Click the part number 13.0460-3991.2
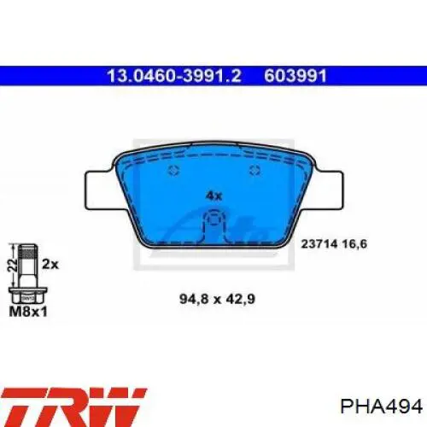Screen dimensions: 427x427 [174, 76]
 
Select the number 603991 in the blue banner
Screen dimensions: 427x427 [295, 76]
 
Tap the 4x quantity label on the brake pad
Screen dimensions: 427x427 [213, 196]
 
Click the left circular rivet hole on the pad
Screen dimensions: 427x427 [173, 171]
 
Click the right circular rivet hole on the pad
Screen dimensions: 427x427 [254, 171]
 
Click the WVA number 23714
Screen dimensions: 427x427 [319, 244]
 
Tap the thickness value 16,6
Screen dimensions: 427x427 [354, 244]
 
